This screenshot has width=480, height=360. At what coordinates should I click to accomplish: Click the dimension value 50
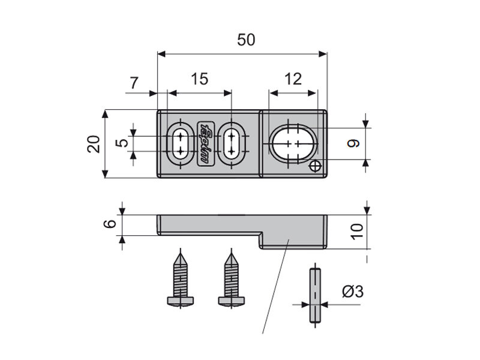[246, 40]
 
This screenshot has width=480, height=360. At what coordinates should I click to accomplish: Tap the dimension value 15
[199, 80]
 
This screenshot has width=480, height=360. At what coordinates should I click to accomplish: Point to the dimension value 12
[293, 80]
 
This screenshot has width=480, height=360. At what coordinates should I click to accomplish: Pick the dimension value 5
[122, 143]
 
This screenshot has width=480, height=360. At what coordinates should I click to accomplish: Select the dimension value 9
[353, 143]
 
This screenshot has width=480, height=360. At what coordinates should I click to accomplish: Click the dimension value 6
[109, 224]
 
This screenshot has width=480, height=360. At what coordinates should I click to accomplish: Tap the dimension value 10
[358, 230]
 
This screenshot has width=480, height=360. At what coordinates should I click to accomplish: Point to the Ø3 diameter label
[352, 292]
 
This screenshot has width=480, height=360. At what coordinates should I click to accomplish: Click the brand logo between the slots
[205, 143]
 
